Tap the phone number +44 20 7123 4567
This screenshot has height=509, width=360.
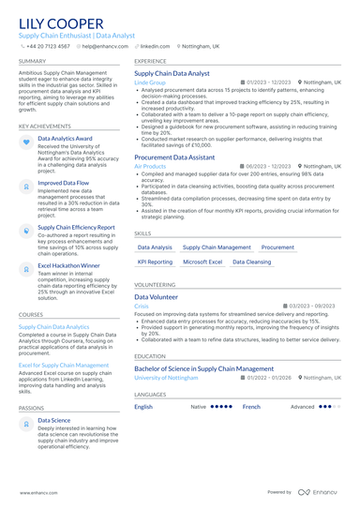tap(48, 45)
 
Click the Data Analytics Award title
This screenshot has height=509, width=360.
tap(64, 138)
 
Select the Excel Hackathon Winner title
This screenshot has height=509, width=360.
tap(68, 265)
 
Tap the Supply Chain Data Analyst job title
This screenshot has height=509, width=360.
tap(172, 73)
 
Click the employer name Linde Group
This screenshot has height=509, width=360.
tap(150, 82)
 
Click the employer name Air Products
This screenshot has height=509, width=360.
tap(150, 167)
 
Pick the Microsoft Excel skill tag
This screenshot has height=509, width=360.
tap(202, 262)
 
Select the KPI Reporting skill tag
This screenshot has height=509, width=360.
tap(155, 262)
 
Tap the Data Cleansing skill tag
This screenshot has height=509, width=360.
tap(251, 262)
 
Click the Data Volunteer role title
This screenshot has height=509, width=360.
tap(156, 296)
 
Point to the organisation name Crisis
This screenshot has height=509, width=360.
tap(142, 306)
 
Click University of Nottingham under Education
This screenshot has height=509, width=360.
tap(166, 377)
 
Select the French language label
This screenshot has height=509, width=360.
tap(251, 407)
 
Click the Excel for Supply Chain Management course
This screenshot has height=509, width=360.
tap(64, 366)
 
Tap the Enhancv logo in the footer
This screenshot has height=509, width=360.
tap(319, 491)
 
